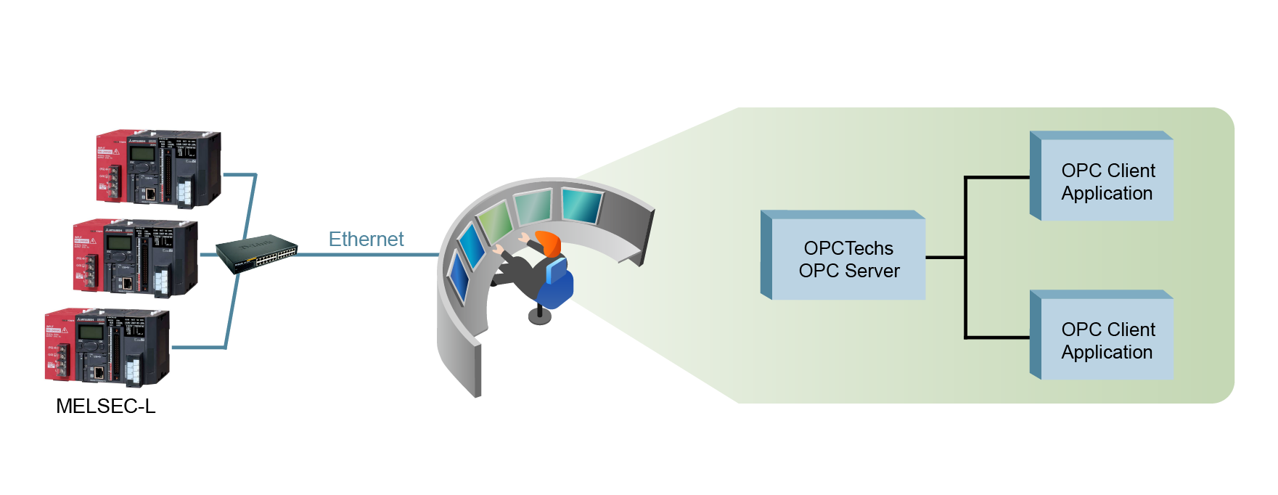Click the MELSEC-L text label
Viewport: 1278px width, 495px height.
106,406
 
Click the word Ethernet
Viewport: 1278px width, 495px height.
366,239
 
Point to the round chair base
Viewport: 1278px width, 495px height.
539,316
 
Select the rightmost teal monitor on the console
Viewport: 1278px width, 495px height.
581,205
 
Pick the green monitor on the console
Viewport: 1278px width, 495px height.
495,221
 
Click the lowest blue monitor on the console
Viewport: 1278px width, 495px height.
459,277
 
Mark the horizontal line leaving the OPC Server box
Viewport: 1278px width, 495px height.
945,257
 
